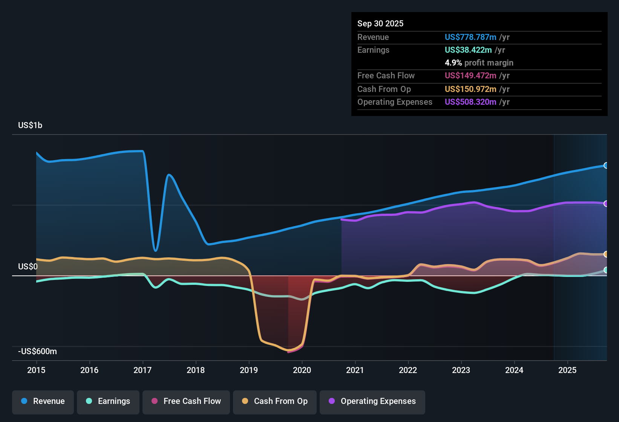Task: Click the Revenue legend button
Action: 43,401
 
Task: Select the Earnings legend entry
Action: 108,401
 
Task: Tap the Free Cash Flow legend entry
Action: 186,401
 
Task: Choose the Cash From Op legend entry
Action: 274,401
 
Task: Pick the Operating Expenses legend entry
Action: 372,401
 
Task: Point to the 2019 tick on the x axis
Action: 249,370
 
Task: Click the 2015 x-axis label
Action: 36,370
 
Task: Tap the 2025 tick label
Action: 567,370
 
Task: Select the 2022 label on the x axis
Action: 408,370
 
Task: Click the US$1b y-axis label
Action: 30,125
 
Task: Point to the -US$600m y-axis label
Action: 37,351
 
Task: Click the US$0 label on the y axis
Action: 28,266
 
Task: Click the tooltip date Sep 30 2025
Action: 380,23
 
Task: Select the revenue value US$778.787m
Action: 470,37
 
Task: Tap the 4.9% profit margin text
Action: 479,63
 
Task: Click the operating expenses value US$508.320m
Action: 470,102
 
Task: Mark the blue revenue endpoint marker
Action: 606,165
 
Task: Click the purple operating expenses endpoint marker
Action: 606,203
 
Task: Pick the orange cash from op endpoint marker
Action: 606,254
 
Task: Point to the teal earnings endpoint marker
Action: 606,270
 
